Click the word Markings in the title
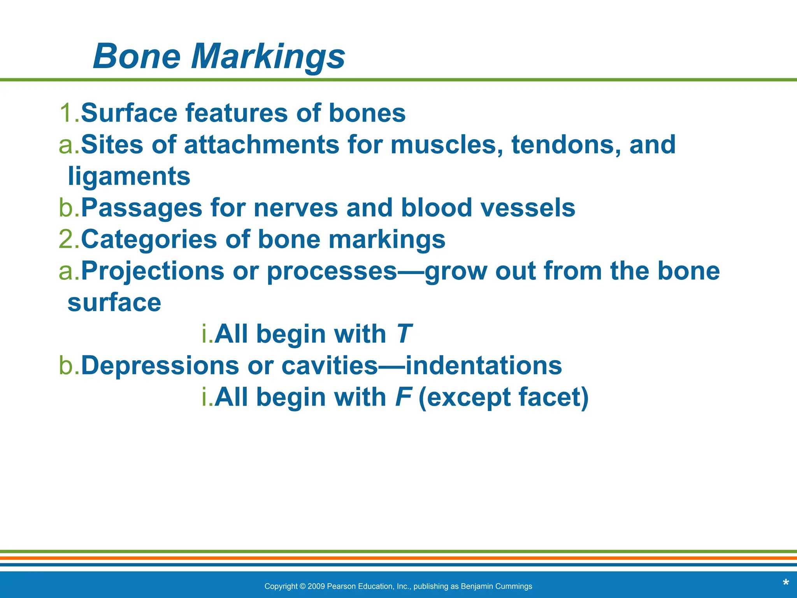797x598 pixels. tap(268, 57)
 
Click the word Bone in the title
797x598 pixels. tap(137, 57)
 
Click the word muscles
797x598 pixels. tap(446, 145)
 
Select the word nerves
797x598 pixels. tap(296, 208)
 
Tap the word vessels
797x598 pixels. tap(528, 208)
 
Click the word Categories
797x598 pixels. tap(149, 239)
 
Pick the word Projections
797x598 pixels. tap(153, 271)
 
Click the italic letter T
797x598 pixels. tap(405, 334)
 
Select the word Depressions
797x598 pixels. tap(160, 366)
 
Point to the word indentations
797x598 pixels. tap(484, 366)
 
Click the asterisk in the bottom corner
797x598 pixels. tap(786, 583)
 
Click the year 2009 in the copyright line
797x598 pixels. tap(316, 586)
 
